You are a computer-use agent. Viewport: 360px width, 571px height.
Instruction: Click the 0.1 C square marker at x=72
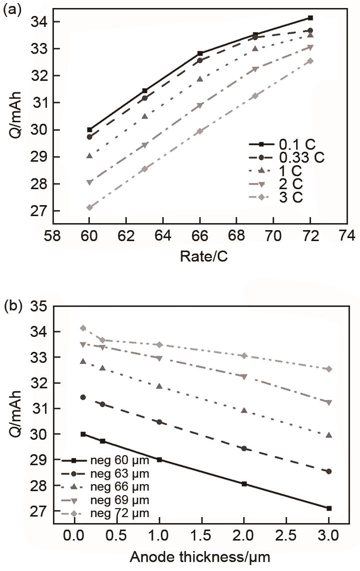coord(310,18)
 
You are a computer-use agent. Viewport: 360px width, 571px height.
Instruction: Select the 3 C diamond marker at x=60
coord(89,207)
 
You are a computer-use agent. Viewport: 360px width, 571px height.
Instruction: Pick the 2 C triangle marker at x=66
coord(200,105)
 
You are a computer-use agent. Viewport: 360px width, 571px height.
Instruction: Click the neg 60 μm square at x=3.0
coord(315,508)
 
